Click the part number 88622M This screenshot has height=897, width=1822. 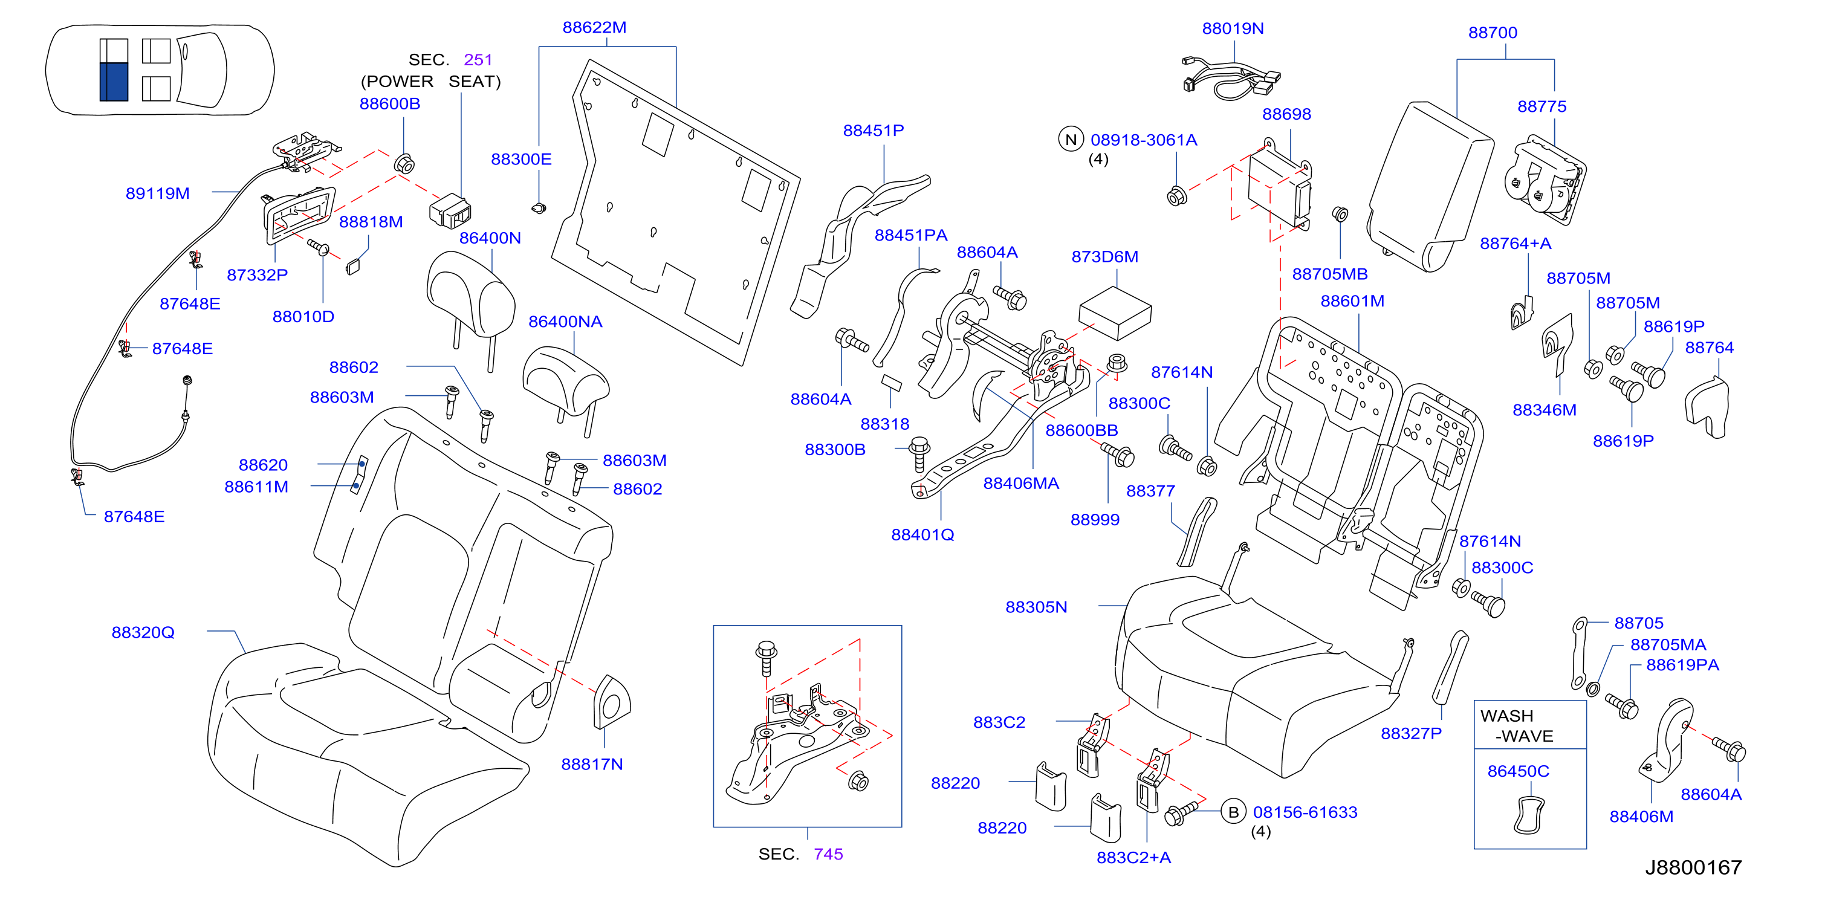coord(594,28)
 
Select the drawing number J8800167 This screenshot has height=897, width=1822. coord(1693,867)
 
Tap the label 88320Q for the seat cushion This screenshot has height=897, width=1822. coord(143,632)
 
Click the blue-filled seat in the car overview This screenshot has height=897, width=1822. coord(114,82)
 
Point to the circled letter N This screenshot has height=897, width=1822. coord(1071,140)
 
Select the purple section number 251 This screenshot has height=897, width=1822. coord(478,59)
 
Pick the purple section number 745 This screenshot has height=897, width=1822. coord(828,854)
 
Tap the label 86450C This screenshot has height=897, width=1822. coord(1518,771)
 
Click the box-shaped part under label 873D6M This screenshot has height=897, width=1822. coord(1115,313)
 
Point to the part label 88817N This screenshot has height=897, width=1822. coord(592,764)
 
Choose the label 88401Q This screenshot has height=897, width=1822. coord(922,535)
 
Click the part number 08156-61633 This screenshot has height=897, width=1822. coord(1305,812)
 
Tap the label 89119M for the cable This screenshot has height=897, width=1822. coord(158,193)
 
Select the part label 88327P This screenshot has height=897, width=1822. coord(1411,734)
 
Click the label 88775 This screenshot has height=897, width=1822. coord(1542,106)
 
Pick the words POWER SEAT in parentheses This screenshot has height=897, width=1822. coord(431,82)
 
